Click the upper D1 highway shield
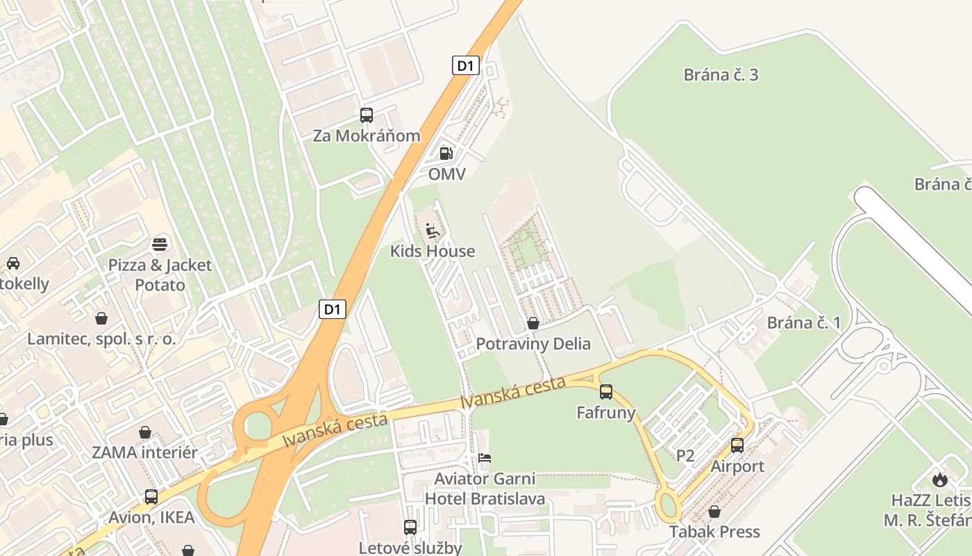point(466,66)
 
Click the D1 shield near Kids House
point(333,309)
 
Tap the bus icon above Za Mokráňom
point(366,115)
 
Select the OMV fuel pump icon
point(446,153)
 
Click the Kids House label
point(433,251)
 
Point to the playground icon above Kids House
point(433,230)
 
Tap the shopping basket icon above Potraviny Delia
point(533,323)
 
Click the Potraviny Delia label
point(533,343)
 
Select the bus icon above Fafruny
point(606,391)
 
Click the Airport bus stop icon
point(737,445)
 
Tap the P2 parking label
point(685,456)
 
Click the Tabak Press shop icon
point(714,512)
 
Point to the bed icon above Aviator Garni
point(485,458)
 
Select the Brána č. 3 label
point(721,75)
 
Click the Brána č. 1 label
point(803,322)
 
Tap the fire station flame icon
point(940,480)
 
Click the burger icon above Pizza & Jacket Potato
point(160,244)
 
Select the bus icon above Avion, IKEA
point(151,496)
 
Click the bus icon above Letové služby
point(410,527)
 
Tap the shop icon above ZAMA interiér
point(145,432)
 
